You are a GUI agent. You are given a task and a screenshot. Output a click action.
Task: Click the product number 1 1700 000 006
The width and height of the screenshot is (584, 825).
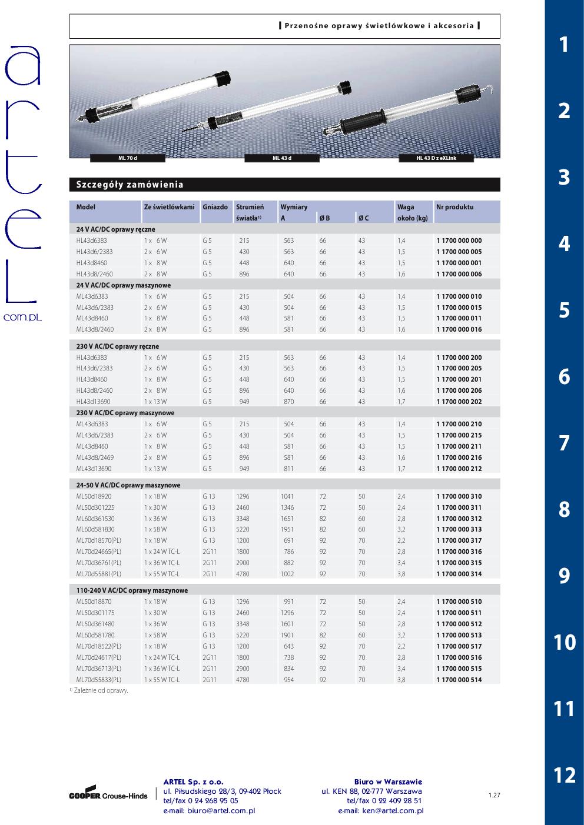coord(459,274)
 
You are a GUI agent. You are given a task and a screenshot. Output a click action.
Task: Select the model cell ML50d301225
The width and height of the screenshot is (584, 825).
coord(95,507)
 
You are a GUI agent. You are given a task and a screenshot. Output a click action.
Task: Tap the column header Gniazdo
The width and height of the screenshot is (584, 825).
coord(215,207)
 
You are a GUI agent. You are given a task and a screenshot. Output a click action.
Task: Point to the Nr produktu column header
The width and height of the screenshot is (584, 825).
coord(454,207)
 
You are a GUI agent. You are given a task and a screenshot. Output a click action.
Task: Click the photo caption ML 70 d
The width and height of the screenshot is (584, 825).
coord(127,158)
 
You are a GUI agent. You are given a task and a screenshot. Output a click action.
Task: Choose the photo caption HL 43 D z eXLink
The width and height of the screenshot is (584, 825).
coord(436,158)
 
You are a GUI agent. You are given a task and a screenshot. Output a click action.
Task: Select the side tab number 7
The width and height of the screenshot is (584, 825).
coord(563,443)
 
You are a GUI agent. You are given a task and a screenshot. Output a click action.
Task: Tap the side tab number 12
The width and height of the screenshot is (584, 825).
coord(563,775)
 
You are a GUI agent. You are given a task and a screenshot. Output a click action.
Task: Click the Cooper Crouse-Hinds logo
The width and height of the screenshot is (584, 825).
coord(108,794)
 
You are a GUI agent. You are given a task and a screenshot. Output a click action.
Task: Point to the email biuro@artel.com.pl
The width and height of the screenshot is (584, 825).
coord(209,810)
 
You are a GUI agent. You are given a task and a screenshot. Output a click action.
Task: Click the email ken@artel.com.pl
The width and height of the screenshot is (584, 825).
coord(380,810)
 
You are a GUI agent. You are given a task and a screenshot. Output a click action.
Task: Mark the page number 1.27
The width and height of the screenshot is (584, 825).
coord(493,796)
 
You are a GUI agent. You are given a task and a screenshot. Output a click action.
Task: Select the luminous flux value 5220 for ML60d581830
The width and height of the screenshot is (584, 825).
coord(243,529)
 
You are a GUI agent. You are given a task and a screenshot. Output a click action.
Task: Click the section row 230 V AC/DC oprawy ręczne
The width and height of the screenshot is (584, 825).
coord(118,346)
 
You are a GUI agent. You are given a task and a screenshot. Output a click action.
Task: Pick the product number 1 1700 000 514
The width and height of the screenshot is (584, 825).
coord(459,680)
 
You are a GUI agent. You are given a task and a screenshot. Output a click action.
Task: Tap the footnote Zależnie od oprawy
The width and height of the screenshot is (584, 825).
coord(99,690)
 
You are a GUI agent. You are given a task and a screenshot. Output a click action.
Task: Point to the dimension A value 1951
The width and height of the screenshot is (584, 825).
coord(287,529)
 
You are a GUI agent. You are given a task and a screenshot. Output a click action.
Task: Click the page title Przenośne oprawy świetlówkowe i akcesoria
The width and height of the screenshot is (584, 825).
coord(379,26)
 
